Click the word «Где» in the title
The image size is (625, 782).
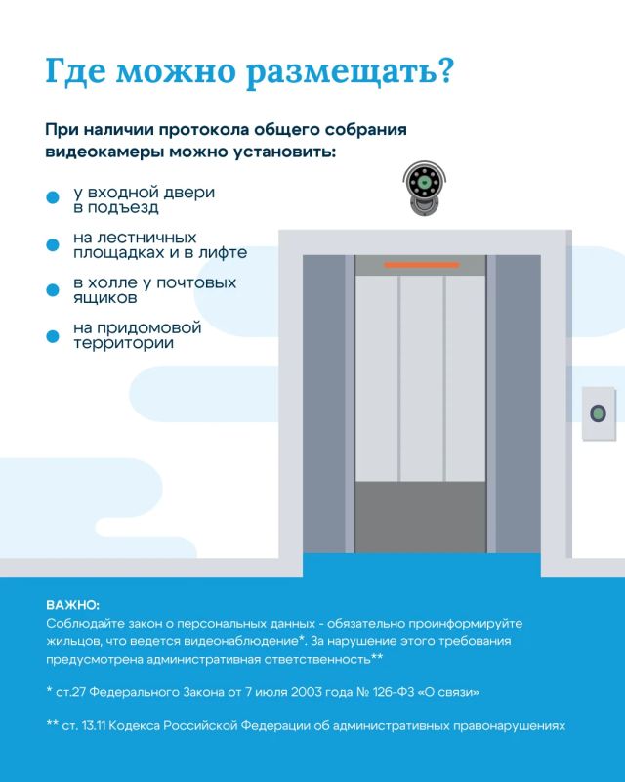click(x=75, y=70)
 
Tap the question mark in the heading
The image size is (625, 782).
click(x=445, y=69)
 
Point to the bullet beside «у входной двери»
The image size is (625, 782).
click(x=53, y=197)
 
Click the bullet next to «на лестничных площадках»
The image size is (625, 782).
click(x=53, y=244)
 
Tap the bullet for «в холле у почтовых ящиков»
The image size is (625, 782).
click(x=53, y=289)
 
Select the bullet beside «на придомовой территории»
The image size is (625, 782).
click(x=53, y=336)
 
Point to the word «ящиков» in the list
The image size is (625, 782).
click(x=105, y=298)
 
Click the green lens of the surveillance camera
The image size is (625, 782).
click(x=424, y=182)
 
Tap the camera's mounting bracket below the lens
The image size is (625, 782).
click(x=424, y=205)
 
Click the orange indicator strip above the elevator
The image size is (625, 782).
click(x=421, y=265)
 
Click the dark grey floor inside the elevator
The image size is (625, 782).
click(x=421, y=517)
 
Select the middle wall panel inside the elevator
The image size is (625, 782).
click(x=422, y=378)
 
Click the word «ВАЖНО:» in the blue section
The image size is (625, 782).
click(x=73, y=605)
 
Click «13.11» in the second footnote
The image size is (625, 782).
click(x=93, y=725)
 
